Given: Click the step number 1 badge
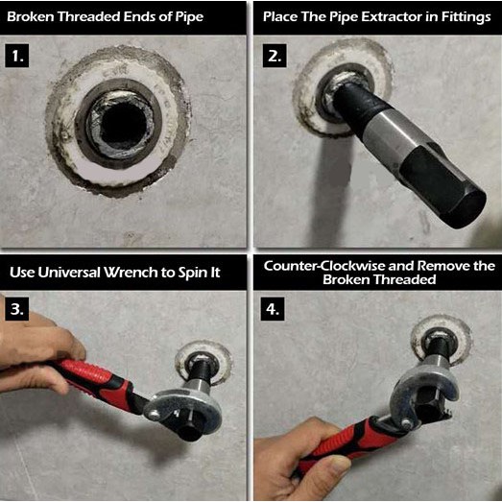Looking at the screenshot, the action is [x=17, y=56].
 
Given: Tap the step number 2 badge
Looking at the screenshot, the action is [x=275, y=56].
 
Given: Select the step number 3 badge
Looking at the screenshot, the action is [x=17, y=309].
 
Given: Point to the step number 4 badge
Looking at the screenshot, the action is [x=273, y=309].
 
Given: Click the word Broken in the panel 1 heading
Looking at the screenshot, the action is [x=31, y=16].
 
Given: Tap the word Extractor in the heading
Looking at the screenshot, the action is [x=392, y=16].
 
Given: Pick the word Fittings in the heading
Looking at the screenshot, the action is [x=466, y=17].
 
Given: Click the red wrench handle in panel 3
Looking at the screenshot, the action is [x=96, y=383].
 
